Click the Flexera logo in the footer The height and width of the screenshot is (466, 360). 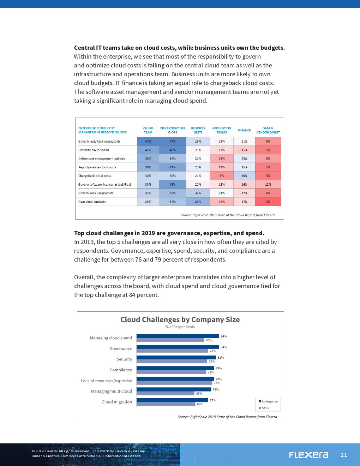click(309, 455)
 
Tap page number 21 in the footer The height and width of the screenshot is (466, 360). click(344, 455)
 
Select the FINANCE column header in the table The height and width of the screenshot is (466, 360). click(244, 130)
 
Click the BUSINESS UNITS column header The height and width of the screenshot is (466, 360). click(198, 130)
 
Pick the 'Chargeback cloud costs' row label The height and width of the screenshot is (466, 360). click(95, 176)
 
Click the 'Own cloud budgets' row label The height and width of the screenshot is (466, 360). click(92, 202)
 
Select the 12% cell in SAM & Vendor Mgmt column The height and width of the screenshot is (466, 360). click(268, 185)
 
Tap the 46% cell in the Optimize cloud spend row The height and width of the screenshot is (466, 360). click(173, 150)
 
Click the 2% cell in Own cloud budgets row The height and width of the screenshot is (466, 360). click(268, 202)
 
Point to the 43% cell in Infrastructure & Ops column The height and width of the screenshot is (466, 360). click(173, 185)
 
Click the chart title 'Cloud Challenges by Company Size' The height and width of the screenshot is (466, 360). click(180, 319)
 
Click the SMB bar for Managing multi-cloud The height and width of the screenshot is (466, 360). click(166, 393)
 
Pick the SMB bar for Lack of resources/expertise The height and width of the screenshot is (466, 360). click(174, 383)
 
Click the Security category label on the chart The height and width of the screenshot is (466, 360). click(124, 359)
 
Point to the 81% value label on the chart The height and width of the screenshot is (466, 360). click(221, 358)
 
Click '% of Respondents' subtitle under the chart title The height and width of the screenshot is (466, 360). click(180, 327)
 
